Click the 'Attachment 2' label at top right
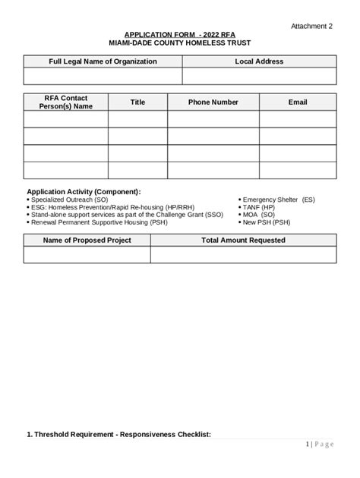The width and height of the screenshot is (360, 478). coord(311,26)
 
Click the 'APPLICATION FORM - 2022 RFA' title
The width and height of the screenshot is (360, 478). coord(179,35)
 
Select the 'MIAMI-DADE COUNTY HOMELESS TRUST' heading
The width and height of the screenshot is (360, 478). coord(179,44)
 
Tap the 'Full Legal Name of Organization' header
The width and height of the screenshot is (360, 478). coord(103,61)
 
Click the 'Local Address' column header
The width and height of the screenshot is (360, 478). coord(259,61)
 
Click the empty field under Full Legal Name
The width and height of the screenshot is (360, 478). coord(103,76)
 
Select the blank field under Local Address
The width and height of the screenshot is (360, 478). coord(259,76)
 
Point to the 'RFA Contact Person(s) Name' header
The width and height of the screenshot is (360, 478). coord(66,102)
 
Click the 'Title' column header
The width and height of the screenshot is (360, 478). coord(137,102)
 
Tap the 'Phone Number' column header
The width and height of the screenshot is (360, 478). coord(213,102)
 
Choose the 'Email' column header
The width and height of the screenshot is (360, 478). coord(298,102)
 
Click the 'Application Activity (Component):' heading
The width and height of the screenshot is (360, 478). coord(84,192)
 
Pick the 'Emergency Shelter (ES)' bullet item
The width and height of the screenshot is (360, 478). coord(278,200)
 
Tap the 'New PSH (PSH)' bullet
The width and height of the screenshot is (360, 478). coord(266,222)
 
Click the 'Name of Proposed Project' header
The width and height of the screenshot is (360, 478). coord(87,241)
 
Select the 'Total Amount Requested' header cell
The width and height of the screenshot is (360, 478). coord(243,241)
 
